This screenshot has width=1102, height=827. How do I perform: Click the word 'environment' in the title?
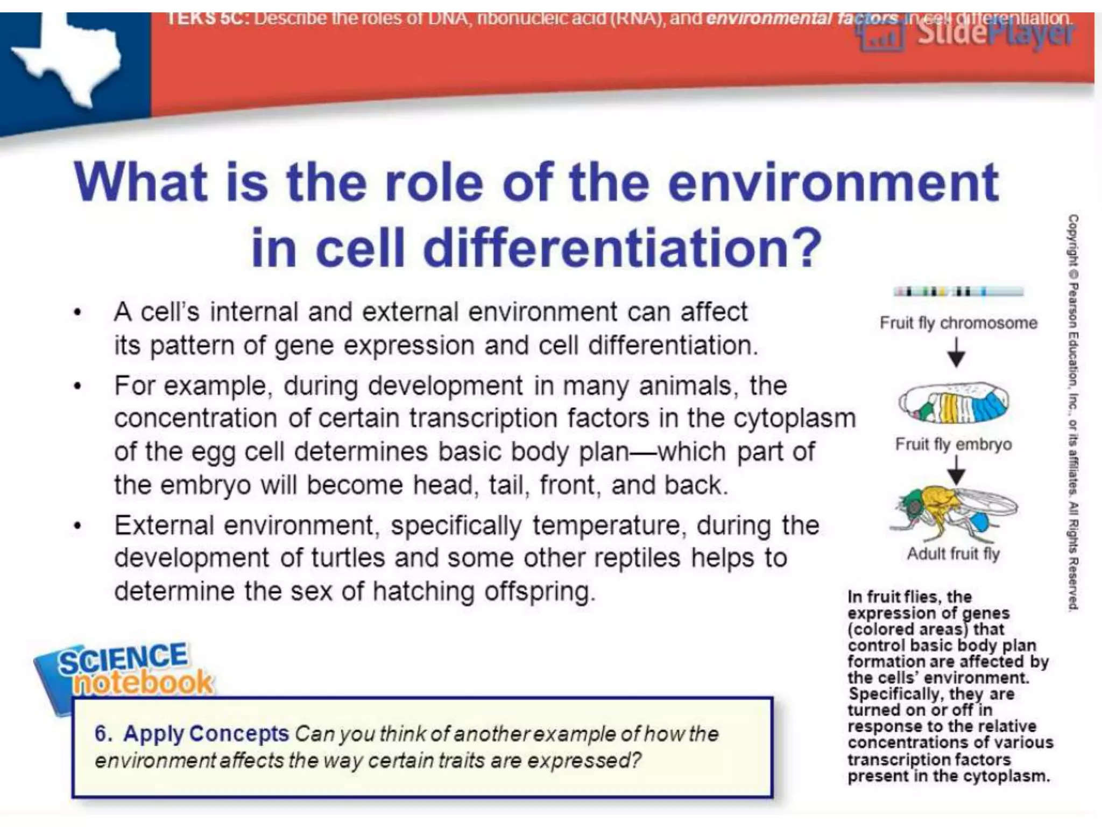[x=833, y=183]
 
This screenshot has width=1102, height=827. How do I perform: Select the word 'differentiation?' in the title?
[x=622, y=248]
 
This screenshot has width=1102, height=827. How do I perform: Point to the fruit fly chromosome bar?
[x=958, y=292]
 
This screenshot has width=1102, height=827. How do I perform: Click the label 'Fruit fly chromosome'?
[x=958, y=323]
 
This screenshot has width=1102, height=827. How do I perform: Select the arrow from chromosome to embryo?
[x=956, y=353]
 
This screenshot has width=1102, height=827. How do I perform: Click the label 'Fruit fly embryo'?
[x=953, y=444]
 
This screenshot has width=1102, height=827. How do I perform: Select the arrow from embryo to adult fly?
[x=956, y=470]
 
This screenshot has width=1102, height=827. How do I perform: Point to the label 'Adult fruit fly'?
[x=953, y=553]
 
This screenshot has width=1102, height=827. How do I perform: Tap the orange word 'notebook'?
[x=143, y=683]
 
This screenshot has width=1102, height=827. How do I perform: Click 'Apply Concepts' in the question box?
[x=206, y=734]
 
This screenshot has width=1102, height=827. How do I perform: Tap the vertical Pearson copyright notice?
[x=1072, y=412]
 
